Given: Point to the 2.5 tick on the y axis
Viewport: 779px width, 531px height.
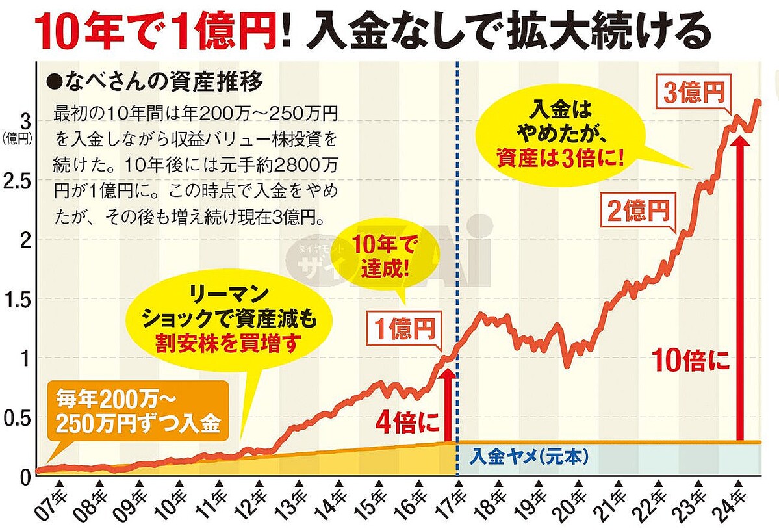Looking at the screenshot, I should click(17, 181).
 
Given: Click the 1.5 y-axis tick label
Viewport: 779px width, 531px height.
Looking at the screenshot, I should click(17, 300).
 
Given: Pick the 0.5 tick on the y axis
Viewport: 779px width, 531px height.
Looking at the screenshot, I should click(17, 418).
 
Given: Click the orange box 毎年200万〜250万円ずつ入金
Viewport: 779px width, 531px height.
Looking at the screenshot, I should click(138, 411).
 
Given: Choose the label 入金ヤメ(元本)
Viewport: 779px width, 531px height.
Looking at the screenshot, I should click(528, 458).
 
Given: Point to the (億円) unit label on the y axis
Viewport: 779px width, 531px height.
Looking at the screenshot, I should click(16, 137).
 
